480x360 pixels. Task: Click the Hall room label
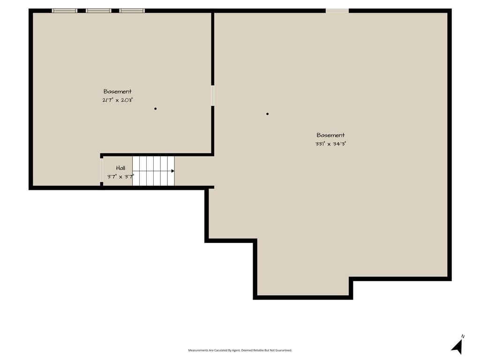pos(120,168)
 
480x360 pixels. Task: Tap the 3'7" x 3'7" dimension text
pos(120,177)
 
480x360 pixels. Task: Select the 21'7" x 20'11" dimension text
pos(118,100)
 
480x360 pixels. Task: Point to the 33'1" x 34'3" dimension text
pos(330,143)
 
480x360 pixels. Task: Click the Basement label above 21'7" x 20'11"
pos(118,91)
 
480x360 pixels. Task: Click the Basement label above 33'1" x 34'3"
pos(330,135)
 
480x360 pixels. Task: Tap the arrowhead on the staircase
pos(173,171)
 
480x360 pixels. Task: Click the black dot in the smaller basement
pos(156,109)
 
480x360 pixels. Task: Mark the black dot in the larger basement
pos(268,114)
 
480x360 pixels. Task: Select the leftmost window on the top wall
pos(65,11)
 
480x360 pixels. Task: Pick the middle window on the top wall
pos(98,11)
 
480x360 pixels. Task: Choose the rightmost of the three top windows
pos(132,11)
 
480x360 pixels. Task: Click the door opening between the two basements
pos(212,96)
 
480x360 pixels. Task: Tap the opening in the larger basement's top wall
pos(337,11)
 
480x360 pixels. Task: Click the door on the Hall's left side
pos(102,170)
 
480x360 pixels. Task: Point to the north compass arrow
pos(457,347)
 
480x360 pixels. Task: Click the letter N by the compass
pos(463,337)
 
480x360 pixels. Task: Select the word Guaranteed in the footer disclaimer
pos(284,350)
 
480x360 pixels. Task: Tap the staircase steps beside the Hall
pos(153,171)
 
